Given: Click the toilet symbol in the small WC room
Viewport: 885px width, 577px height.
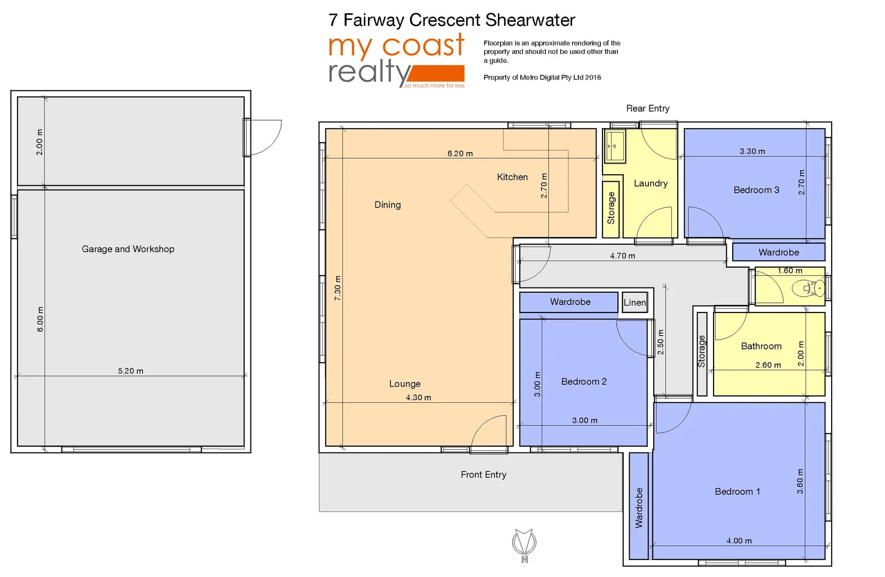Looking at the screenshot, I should coord(809,288).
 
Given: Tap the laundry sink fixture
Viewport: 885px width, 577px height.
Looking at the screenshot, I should coord(615,145).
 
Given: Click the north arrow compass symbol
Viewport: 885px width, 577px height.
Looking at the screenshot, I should coord(524,543).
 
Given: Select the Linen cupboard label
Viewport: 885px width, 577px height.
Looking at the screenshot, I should coord(635,302).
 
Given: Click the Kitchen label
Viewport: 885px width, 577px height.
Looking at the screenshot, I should coord(512,177).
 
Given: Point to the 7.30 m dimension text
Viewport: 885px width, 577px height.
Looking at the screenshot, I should coord(338,288).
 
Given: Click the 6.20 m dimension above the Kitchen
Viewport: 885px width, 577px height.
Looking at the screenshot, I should coord(460,153).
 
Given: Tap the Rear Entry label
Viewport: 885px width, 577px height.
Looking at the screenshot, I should coord(647,108).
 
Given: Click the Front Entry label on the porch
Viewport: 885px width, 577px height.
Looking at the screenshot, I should coord(483,474).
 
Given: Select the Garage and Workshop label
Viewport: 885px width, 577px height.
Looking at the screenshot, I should coord(128,249).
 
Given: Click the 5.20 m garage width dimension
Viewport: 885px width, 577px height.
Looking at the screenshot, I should coord(130,371).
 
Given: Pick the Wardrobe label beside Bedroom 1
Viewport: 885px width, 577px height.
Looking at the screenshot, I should coord(639,508).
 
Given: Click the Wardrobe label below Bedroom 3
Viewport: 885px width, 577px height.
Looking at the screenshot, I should coord(778,252).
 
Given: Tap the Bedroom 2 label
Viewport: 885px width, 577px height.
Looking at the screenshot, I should coord(583,381).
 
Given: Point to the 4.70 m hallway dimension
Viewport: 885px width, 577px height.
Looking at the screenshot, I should coord(622,256).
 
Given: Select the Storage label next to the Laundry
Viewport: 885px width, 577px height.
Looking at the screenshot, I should coord(611,208).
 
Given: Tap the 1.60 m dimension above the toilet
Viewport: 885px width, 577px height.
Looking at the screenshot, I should coord(789,271).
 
